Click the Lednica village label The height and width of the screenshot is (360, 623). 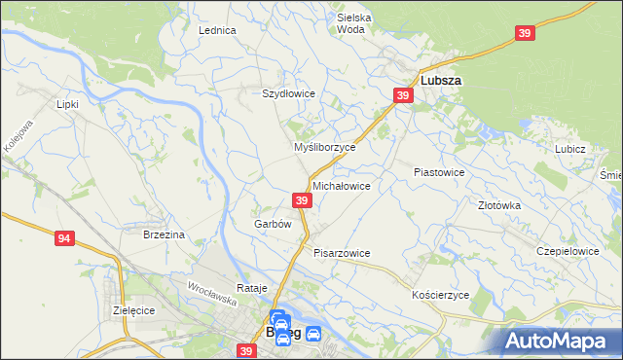pyautogui.click(x=218, y=30)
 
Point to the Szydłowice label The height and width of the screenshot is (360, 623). pyautogui.click(x=288, y=93)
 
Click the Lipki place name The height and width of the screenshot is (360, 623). pyautogui.click(x=67, y=103)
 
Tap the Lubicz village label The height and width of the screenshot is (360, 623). pyautogui.click(x=569, y=149)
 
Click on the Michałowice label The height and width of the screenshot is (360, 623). pyautogui.click(x=341, y=185)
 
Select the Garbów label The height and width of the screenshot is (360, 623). pyautogui.click(x=273, y=223)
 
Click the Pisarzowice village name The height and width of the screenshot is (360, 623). pyautogui.click(x=342, y=252)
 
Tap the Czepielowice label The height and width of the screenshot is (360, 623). pyautogui.click(x=568, y=250)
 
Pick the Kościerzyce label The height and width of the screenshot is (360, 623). pyautogui.click(x=441, y=294)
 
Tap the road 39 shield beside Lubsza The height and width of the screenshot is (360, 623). pyautogui.click(x=403, y=94)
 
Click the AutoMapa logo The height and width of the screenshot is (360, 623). pyautogui.click(x=558, y=340)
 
